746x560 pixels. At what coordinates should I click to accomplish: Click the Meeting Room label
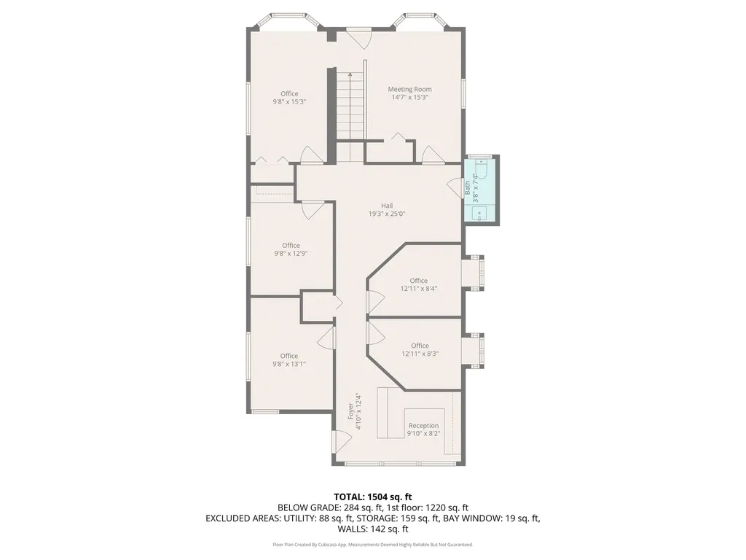pos(409,89)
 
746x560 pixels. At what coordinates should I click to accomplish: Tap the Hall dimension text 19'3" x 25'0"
pos(387,214)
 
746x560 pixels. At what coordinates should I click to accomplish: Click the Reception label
pos(423,426)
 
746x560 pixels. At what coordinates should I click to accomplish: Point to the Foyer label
pos(350,411)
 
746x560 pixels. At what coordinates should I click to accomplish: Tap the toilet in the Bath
pos(482,169)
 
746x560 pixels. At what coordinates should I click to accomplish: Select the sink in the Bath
pos(479,213)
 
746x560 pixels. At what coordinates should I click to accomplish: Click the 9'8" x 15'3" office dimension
pos(289,101)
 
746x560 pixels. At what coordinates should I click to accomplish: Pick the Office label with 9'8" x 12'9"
pos(291,245)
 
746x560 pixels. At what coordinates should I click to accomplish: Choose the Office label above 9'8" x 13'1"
pos(288,356)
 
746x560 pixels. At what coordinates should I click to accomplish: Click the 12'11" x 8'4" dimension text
pos(419,289)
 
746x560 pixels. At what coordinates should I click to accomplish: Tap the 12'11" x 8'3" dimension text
pos(420,354)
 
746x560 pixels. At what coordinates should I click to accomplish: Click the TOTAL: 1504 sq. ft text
pos(372,497)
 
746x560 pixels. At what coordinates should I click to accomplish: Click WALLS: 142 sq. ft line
pos(373,529)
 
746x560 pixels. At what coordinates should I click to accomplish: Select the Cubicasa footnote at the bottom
pos(373,544)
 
